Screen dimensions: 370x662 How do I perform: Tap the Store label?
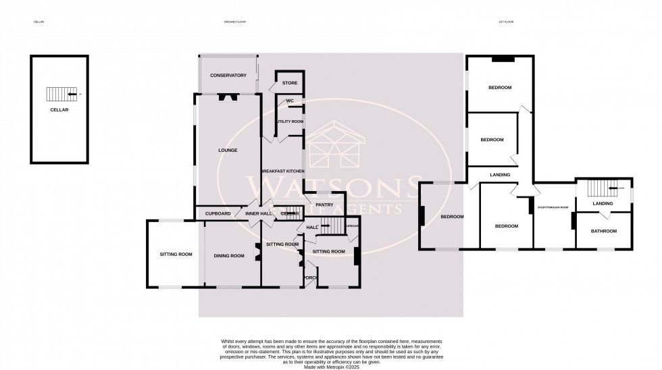click(289, 83)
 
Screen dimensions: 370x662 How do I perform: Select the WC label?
click(289, 101)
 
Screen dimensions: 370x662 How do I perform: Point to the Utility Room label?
click(289, 122)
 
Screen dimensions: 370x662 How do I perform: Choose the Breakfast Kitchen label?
click(283, 171)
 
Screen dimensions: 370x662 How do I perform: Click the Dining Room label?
click(229, 256)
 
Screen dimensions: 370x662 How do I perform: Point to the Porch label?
click(310, 277)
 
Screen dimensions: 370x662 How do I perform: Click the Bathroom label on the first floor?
click(603, 232)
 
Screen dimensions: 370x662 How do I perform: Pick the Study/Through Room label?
click(553, 208)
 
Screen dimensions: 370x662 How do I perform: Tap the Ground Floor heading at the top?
click(234, 22)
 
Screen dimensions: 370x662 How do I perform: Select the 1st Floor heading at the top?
click(506, 22)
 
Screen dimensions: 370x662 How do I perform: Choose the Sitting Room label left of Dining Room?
click(176, 255)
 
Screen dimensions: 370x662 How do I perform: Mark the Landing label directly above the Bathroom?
click(602, 203)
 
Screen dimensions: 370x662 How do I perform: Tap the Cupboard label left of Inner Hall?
click(218, 214)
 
